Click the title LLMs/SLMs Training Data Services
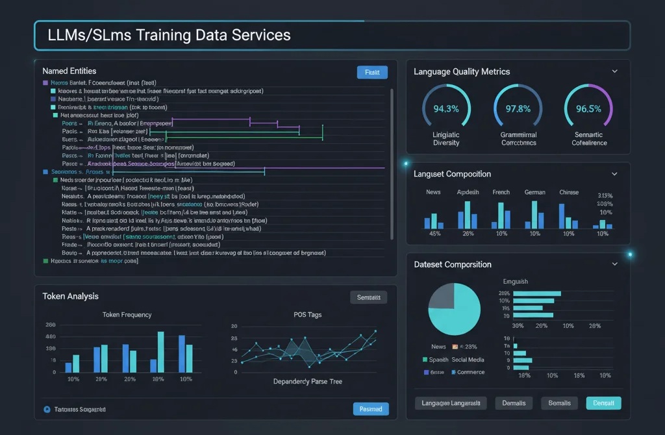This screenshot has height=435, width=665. [169, 35]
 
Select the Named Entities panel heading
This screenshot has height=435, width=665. [69, 71]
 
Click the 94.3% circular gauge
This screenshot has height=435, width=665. [445, 108]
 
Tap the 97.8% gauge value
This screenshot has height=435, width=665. [518, 108]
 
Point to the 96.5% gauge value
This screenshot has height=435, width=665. [588, 108]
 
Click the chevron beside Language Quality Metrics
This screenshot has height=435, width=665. [614, 71]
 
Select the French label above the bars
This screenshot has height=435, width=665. [501, 192]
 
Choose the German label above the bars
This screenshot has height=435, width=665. [534, 192]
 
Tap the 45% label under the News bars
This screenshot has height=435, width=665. [435, 233]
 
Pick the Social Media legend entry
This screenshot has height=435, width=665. [468, 359]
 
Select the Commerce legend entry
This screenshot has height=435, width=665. [470, 372]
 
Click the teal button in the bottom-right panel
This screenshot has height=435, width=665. [603, 403]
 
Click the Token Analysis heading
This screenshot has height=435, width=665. [70, 296]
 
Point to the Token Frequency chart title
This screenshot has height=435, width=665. [127, 315]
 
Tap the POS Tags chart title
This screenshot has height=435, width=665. [307, 315]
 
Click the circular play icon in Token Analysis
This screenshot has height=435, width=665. [46, 410]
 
